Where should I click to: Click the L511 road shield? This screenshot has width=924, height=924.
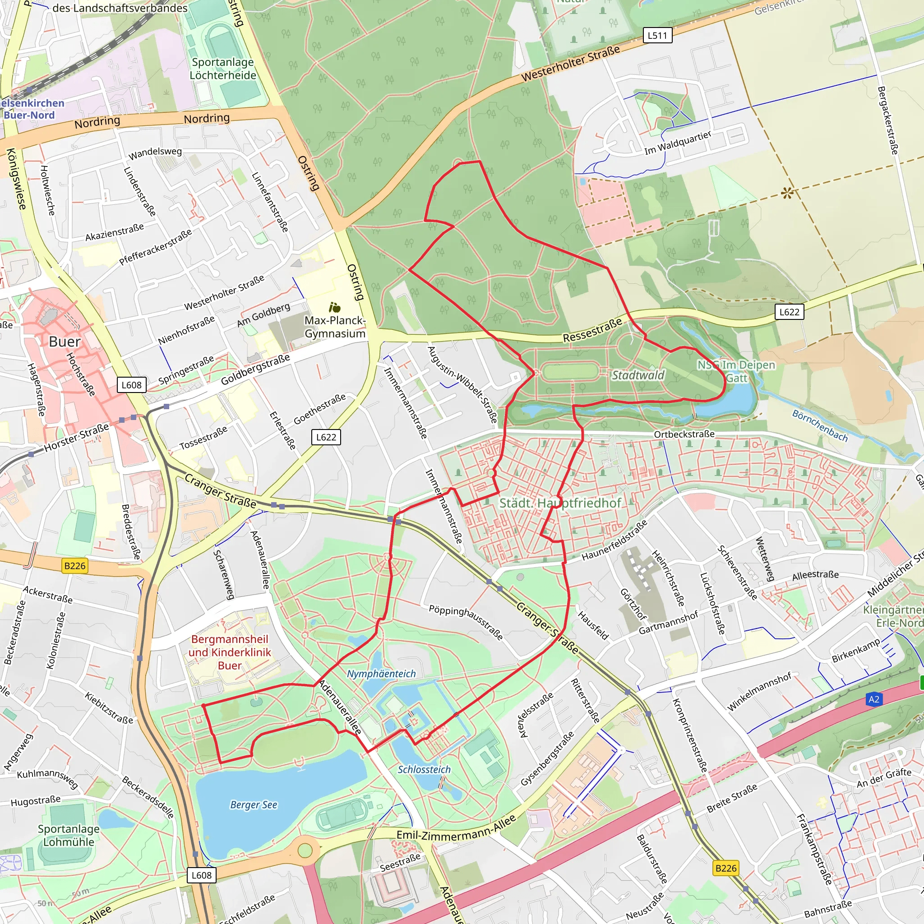coord(657,35)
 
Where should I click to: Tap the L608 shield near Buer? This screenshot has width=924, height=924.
coord(132,385)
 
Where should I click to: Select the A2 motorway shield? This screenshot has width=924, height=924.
coord(874,700)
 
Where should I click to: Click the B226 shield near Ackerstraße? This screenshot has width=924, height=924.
coord(75,566)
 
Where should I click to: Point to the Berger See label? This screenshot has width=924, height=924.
coord(254,805)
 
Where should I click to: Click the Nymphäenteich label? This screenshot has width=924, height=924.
coord(381,674)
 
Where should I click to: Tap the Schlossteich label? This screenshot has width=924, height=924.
coord(424,770)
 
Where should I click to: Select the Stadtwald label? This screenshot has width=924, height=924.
coord(638,375)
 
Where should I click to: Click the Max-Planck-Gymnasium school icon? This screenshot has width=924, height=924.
coord(335,307)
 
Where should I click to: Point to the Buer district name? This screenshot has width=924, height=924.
coord(65,342)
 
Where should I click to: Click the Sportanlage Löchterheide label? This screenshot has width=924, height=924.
coord(223,69)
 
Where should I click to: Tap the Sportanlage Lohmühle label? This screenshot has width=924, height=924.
coord(69,835)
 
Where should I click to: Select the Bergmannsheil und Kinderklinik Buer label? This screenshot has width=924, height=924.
coord(230,652)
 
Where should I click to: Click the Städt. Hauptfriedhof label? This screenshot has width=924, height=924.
coord(560,503)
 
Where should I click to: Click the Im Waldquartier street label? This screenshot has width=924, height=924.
coord(678,143)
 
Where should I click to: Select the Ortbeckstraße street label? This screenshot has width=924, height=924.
coord(684,434)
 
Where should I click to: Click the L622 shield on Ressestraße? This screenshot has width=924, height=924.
coord(789,312)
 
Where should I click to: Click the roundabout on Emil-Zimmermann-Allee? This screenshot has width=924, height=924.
coord(305,851)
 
